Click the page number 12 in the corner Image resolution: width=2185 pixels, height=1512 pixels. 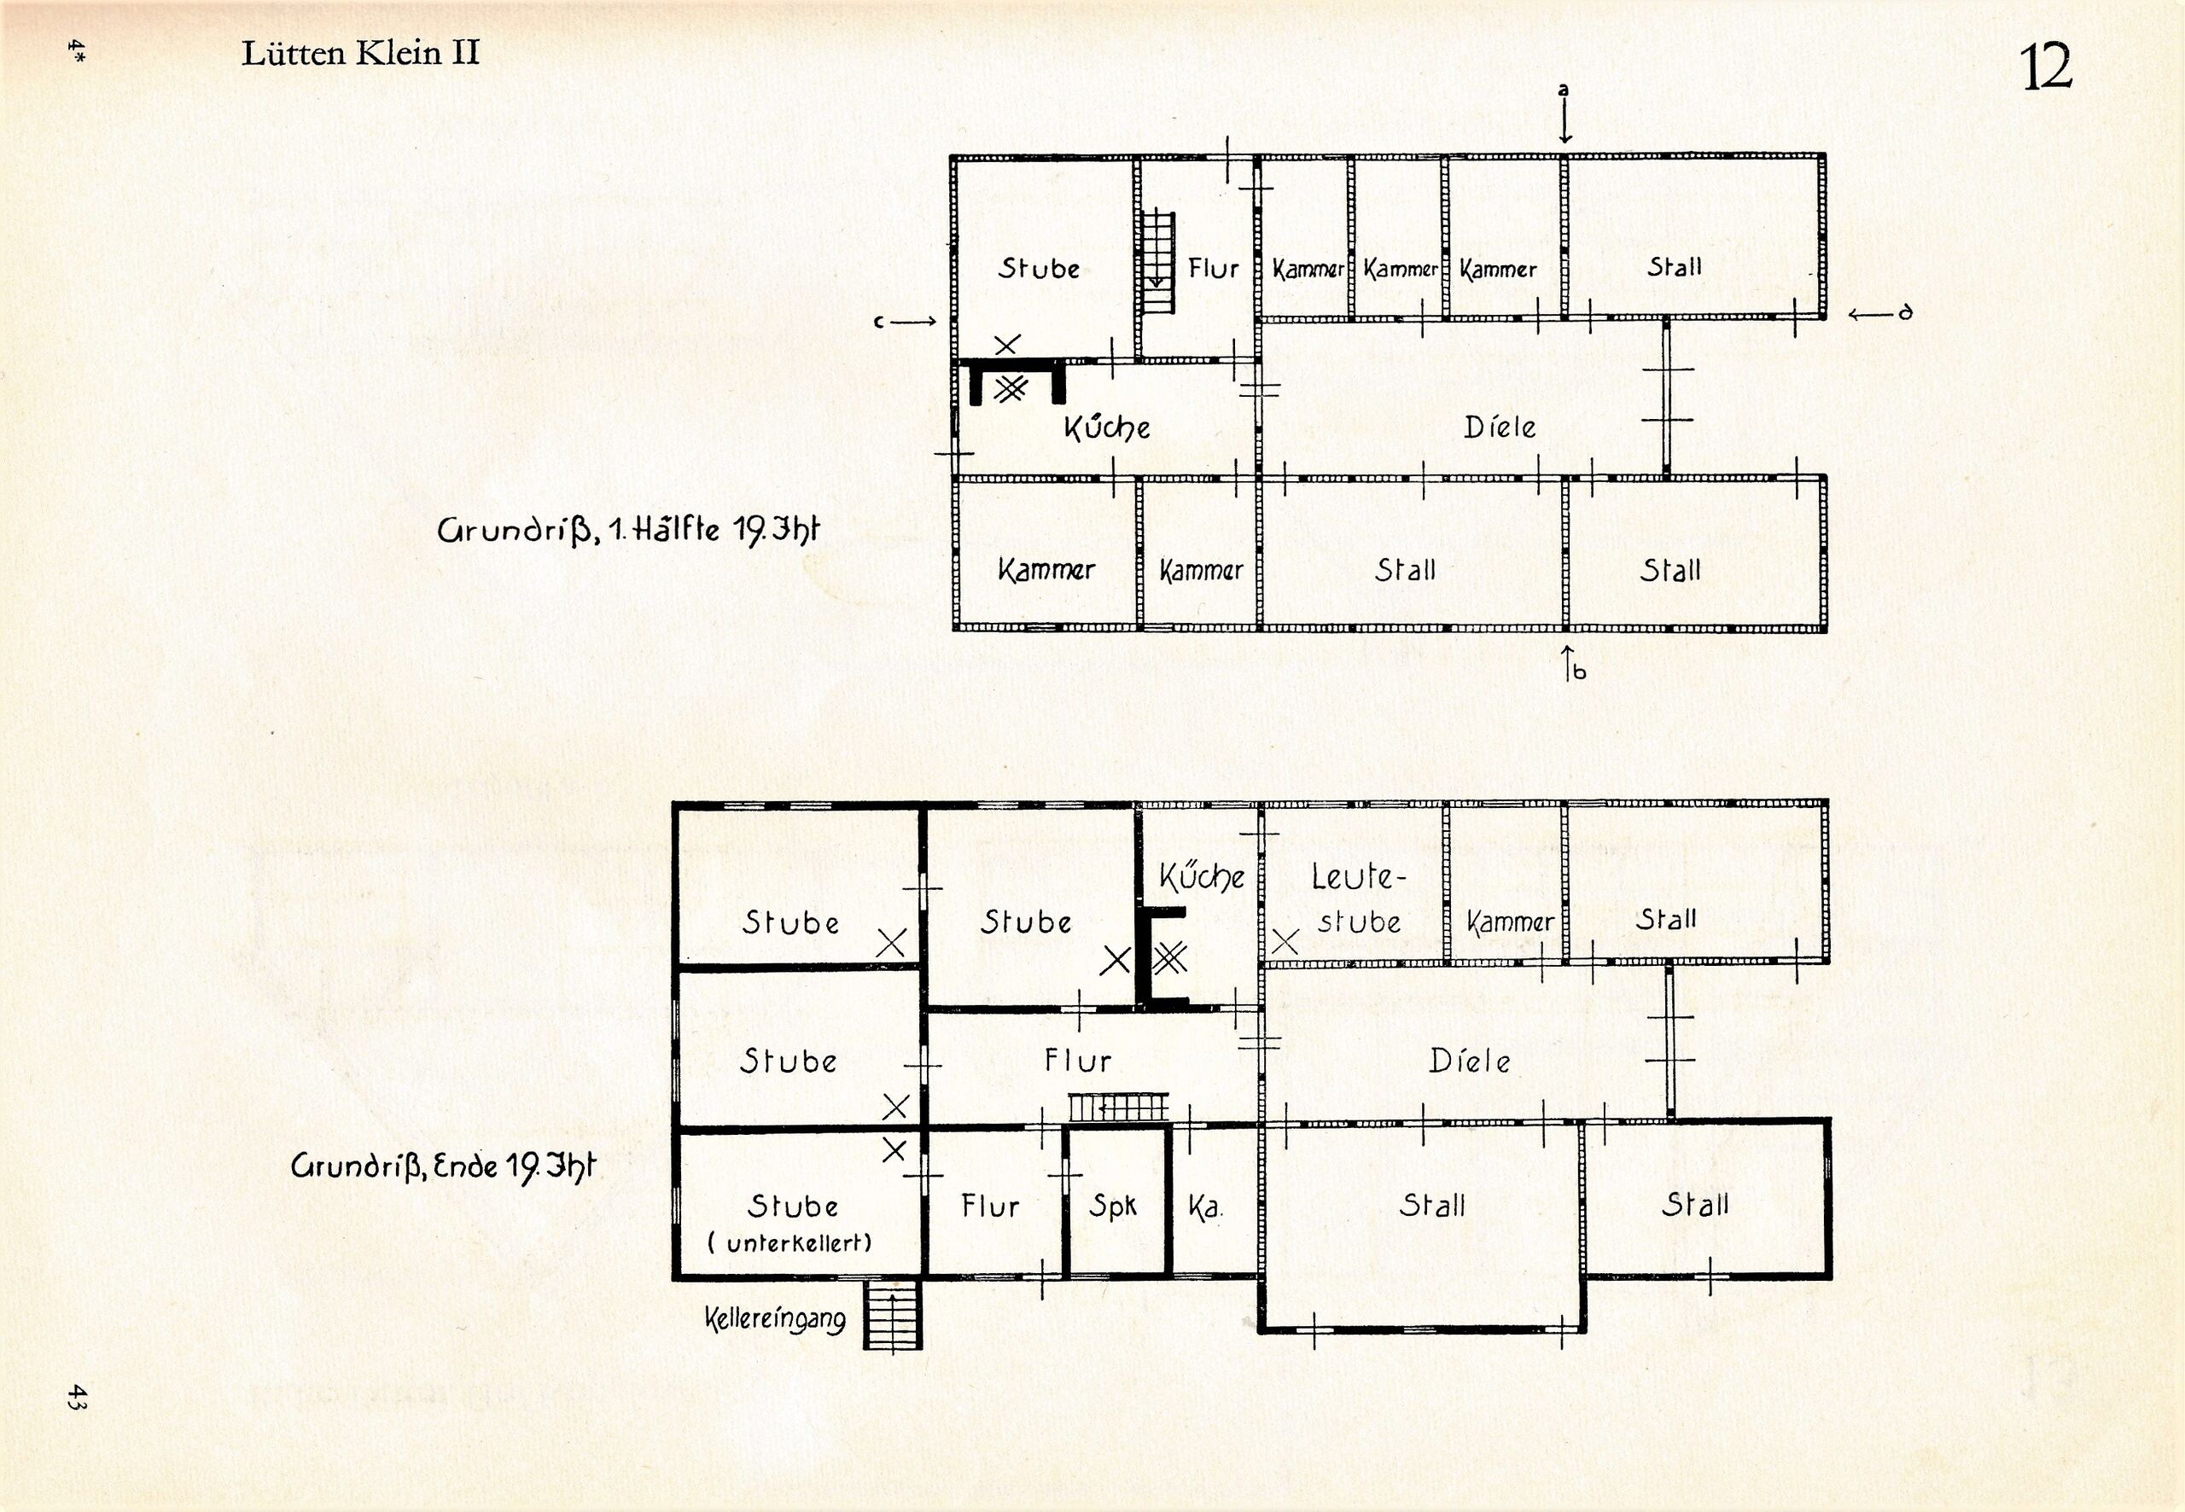point(2047,67)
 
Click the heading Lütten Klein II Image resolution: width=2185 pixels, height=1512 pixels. point(360,53)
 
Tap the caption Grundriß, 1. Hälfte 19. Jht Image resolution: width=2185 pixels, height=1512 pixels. point(627,529)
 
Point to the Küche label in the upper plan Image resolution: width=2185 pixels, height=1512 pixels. point(1107,427)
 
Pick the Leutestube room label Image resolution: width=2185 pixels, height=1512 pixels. point(1357,898)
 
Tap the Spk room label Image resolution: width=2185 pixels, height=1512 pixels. point(1112,1206)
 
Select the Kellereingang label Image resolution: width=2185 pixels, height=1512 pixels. point(775,1319)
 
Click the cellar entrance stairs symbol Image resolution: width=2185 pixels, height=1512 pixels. point(892,1316)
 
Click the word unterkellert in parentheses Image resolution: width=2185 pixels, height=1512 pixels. point(799,1243)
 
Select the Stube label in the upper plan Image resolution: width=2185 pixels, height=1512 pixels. point(1039,268)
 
